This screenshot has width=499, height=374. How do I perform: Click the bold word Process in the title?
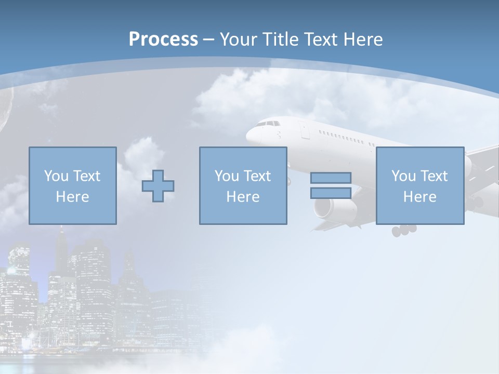163,39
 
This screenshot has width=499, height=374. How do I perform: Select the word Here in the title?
363,39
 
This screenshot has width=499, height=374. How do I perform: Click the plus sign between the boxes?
158,185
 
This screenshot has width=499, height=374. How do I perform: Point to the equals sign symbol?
331,185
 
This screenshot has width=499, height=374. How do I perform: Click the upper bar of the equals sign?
331,178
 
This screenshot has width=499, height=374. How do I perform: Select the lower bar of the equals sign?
331,193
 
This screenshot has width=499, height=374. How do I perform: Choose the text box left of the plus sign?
73,185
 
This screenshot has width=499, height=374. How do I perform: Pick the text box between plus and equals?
243,185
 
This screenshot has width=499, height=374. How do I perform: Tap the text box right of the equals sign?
419,185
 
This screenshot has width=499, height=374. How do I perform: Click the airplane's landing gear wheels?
404,230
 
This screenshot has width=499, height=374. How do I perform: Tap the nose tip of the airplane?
248,134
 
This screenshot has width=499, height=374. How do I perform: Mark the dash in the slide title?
208,39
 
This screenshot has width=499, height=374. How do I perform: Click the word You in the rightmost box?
403,176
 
